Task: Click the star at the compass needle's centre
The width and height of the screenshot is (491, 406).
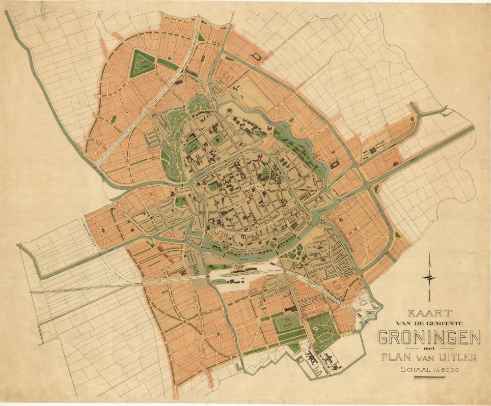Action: coord(430,278)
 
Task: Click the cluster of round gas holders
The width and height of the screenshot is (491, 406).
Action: coord(239,121)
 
